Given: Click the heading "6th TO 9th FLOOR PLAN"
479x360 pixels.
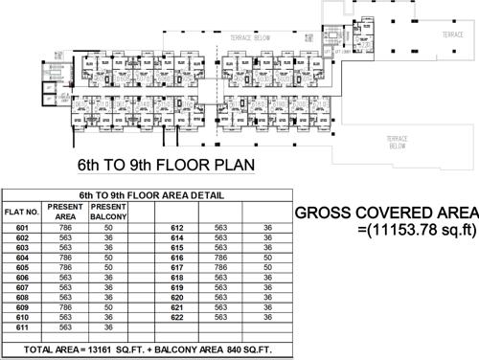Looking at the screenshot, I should click(x=166, y=164).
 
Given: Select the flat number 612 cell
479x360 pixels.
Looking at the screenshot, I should click(x=177, y=228).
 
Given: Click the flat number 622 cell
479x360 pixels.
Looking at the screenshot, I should click(x=177, y=317).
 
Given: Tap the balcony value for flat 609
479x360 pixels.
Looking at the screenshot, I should click(x=109, y=306).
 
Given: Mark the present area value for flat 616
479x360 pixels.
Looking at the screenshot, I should click(x=221, y=258).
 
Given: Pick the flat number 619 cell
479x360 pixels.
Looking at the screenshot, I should click(x=177, y=287).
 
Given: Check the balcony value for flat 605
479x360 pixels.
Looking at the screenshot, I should click(x=109, y=267).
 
